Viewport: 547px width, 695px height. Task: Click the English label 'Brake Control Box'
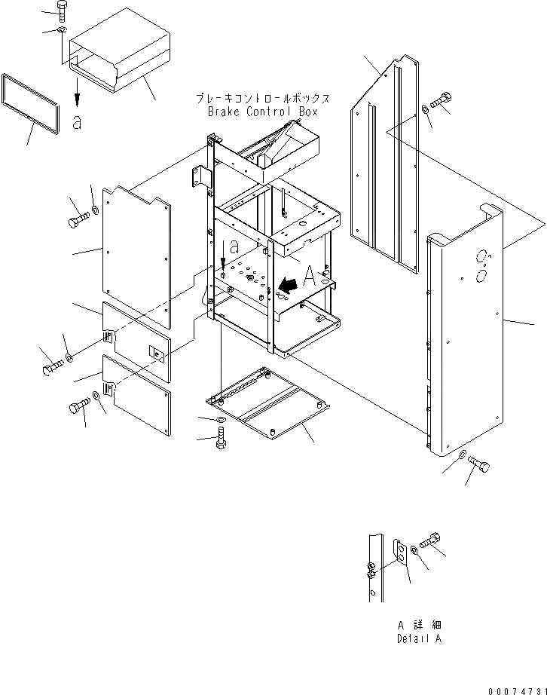(262, 112)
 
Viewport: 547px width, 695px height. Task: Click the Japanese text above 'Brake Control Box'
(262, 99)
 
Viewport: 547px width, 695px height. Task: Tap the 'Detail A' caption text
(419, 638)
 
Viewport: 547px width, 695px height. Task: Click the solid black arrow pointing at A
(286, 286)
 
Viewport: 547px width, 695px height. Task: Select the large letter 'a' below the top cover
(77, 122)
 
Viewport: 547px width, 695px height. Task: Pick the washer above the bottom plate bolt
(219, 419)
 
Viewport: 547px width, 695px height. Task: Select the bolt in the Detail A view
(431, 540)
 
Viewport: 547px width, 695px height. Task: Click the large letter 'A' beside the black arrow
(308, 277)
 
